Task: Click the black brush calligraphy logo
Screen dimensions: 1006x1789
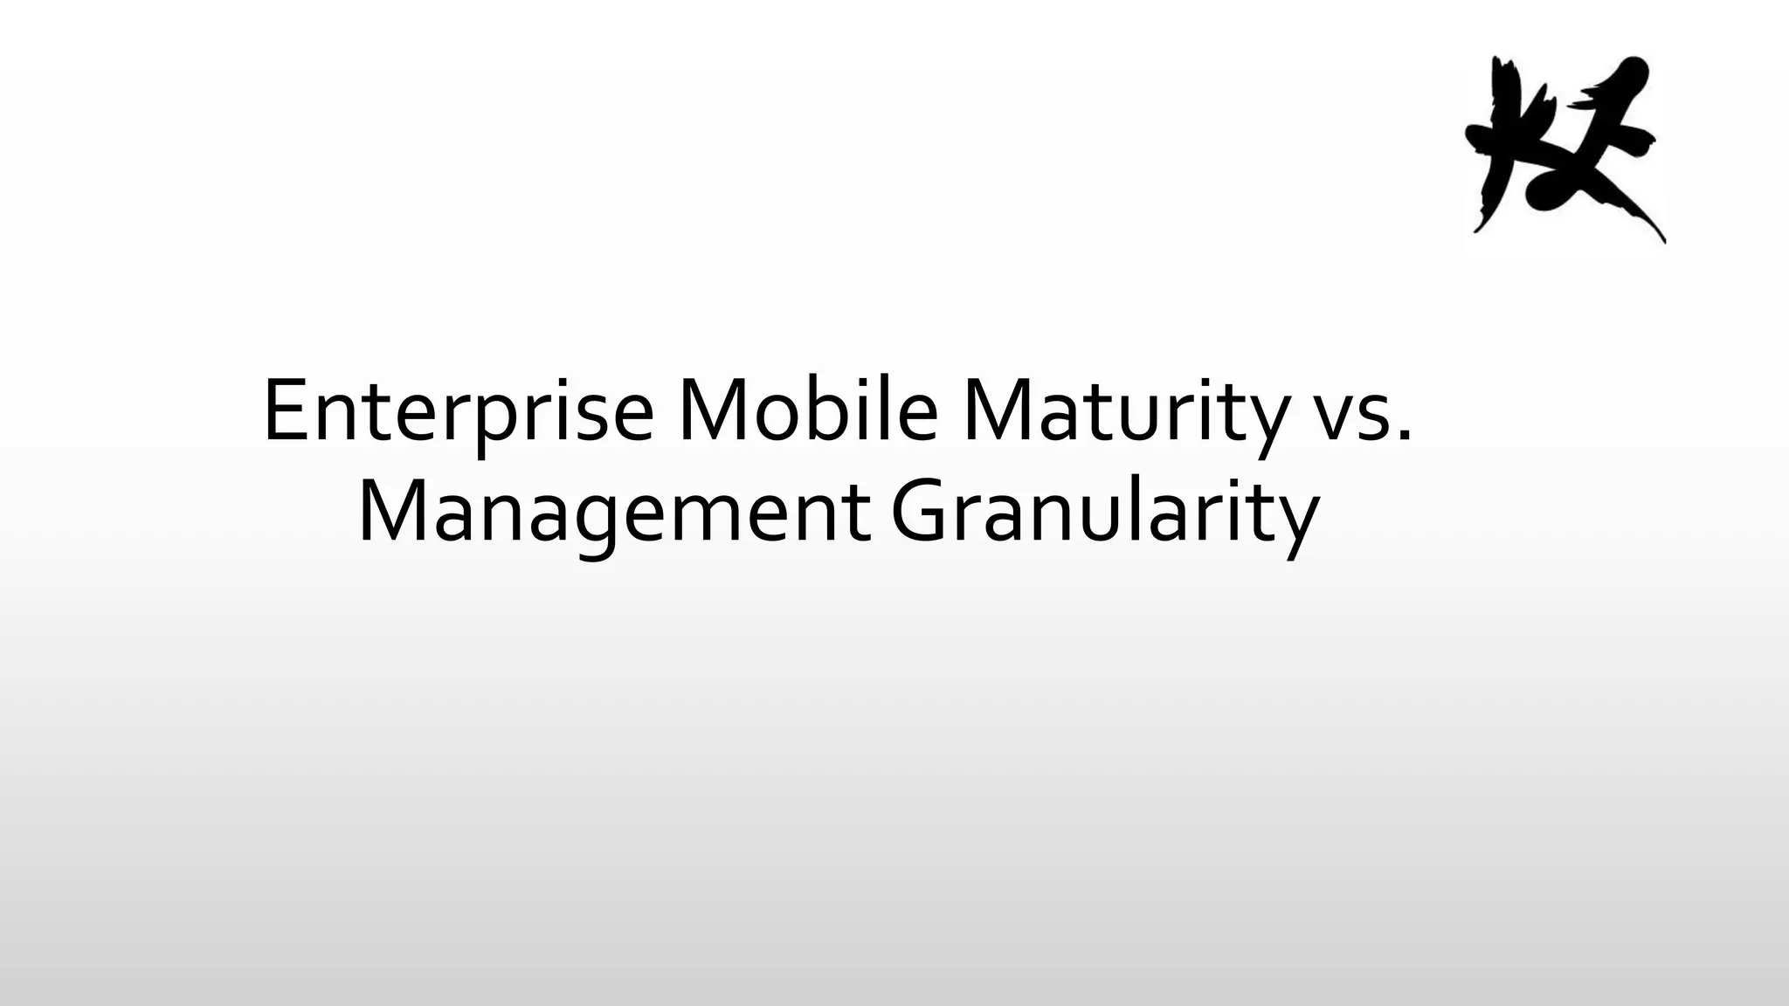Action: (x=1564, y=148)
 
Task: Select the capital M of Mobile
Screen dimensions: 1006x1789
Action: (x=712, y=410)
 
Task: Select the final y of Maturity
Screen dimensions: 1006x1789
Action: (x=1267, y=424)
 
